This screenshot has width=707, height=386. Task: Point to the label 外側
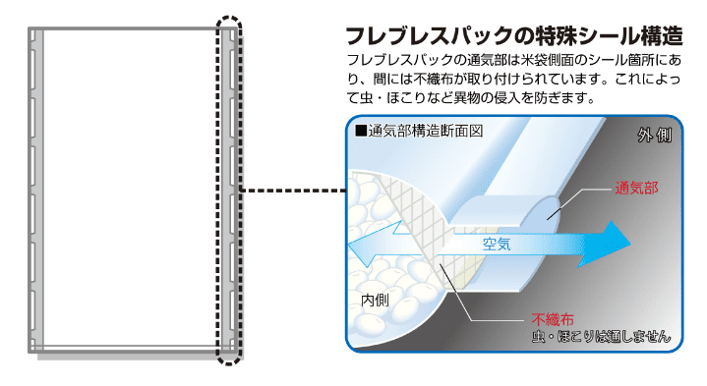point(653,135)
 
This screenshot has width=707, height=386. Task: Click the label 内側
point(377,299)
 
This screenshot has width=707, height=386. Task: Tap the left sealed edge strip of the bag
point(35,187)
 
